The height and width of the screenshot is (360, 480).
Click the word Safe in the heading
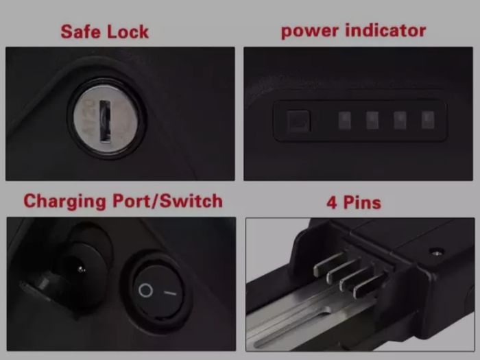tap(81, 32)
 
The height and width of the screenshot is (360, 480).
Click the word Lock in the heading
tap(128, 32)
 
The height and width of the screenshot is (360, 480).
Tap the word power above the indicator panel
tap(310, 31)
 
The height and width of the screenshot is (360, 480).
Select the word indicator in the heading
tap(385, 30)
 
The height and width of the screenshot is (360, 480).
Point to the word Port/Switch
tap(167, 201)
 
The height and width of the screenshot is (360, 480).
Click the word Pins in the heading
tap(362, 202)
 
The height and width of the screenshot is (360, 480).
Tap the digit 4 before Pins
tap(331, 203)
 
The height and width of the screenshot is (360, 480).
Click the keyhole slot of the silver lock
tap(105, 121)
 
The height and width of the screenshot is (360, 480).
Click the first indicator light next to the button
tap(345, 120)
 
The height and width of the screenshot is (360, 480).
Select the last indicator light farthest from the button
tap(428, 120)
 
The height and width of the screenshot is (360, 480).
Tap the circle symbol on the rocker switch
tap(145, 290)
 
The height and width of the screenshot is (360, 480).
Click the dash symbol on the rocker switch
tap(170, 293)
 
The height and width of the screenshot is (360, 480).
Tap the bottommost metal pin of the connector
tap(370, 285)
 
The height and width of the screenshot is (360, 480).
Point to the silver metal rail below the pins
tap(309, 315)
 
